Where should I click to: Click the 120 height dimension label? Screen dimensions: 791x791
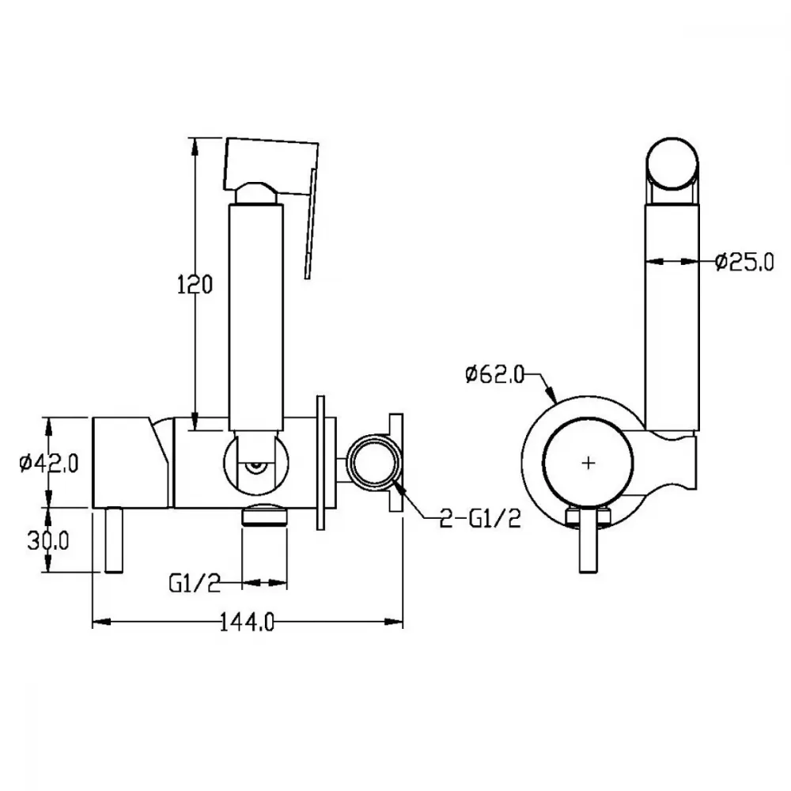(x=195, y=285)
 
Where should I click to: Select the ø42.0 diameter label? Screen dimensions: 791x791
(x=49, y=463)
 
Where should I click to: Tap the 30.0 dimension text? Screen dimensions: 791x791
(x=48, y=541)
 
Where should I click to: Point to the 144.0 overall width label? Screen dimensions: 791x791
(x=247, y=622)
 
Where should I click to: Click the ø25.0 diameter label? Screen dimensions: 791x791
(x=744, y=262)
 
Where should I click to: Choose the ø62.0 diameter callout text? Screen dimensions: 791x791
(x=495, y=374)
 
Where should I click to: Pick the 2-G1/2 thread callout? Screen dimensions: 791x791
(x=480, y=518)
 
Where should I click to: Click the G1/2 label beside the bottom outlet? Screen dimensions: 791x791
(x=195, y=584)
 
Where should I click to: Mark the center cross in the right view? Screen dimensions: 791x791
(x=589, y=463)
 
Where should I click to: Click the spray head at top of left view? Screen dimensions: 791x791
(x=271, y=165)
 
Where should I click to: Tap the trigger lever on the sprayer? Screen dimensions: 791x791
(x=311, y=224)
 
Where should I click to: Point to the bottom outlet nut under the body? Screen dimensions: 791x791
(x=265, y=515)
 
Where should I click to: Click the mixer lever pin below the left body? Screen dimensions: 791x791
(x=113, y=539)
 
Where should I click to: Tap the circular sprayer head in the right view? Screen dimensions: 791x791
(x=672, y=165)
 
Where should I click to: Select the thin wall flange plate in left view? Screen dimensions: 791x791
(x=320, y=463)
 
